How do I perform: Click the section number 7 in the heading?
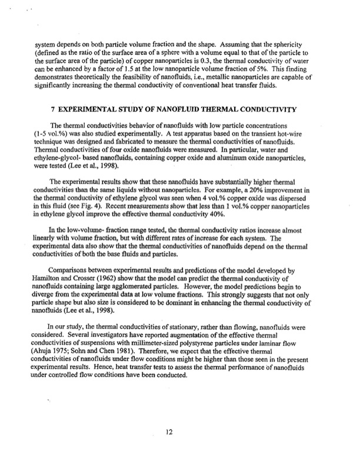[53, 108]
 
